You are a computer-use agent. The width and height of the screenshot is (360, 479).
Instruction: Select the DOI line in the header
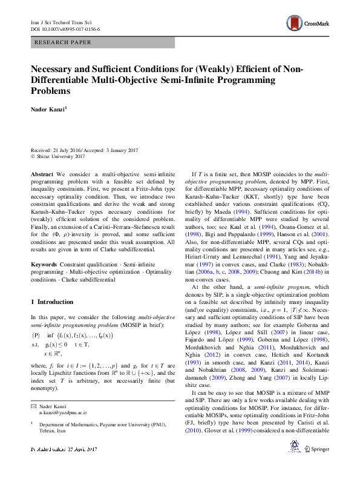[65, 28]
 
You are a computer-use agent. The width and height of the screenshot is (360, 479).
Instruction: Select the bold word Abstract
[42, 174]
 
